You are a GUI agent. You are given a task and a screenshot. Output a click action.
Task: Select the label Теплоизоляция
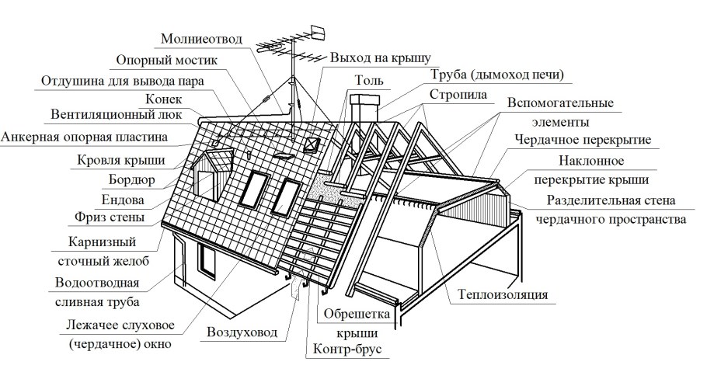(503, 295)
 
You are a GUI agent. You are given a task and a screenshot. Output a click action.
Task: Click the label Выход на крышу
(380, 57)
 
